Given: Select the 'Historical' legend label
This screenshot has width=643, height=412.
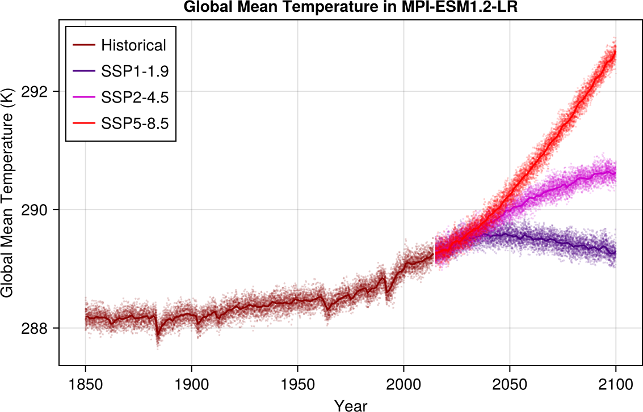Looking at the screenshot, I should [133, 45].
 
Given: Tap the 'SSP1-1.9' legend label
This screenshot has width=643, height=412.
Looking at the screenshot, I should [135, 71].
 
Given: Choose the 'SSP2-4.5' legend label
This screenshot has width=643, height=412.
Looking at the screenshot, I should [135, 97].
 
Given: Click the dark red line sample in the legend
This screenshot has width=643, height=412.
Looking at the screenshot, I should [83, 45].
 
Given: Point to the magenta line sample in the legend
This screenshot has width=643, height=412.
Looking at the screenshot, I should [83, 97].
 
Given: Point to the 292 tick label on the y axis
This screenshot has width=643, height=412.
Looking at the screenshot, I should [39, 92].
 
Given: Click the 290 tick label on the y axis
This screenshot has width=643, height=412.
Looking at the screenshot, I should [39, 210].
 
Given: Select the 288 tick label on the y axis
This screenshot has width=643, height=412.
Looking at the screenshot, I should [39, 329].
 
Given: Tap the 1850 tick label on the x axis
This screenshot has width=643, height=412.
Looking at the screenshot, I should [86, 384].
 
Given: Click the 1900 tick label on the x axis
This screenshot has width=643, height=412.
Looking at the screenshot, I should [192, 384].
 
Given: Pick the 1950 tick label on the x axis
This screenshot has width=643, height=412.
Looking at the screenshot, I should [297, 384].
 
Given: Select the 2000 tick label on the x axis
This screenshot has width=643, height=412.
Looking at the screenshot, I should [404, 384].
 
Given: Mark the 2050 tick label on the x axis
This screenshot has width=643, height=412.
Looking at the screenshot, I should [510, 384].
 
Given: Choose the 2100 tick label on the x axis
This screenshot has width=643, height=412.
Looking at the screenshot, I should [616, 384].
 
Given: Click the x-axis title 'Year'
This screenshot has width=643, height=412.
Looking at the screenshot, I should [351, 405].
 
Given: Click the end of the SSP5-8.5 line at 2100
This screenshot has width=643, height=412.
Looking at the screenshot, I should [616, 51].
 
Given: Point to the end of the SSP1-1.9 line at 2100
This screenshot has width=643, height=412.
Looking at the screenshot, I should [616, 253].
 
